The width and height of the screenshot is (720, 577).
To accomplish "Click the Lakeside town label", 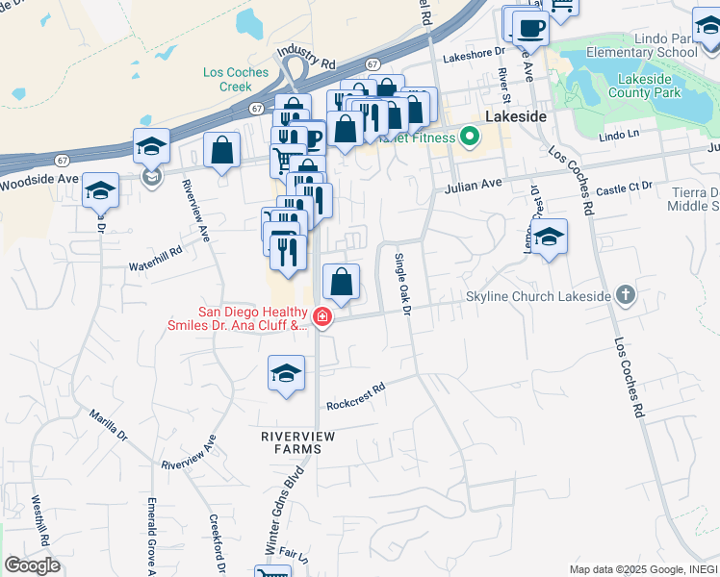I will (x=516, y=115).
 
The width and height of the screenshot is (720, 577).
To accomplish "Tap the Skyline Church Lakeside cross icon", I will (x=626, y=295).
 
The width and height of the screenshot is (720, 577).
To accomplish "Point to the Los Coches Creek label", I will (x=228, y=79).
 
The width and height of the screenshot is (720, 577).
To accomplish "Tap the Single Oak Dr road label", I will (x=402, y=284).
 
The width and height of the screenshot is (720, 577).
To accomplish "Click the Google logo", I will (x=32, y=565).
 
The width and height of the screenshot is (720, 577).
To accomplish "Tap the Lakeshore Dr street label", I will (x=473, y=56).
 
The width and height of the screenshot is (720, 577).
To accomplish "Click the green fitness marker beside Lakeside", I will (x=469, y=137).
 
